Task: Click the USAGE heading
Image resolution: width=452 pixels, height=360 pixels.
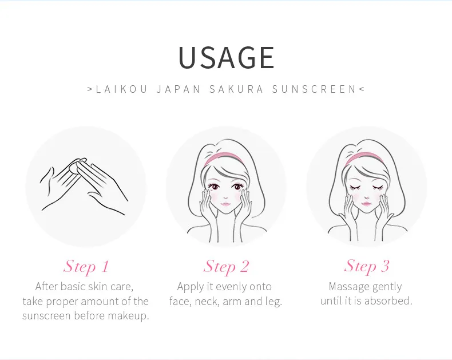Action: [227, 57]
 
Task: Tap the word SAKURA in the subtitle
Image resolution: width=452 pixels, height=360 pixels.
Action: [236, 89]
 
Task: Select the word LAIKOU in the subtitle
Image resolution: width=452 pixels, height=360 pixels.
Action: [122, 89]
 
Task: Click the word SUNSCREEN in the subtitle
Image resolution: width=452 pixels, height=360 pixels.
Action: [314, 89]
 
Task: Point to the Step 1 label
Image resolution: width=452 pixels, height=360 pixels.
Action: [86, 267]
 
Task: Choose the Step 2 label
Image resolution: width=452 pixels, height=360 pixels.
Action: [226, 267]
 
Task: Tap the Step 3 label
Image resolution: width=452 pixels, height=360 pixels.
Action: [367, 266]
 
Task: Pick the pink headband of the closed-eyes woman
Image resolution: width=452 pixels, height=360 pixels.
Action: [364, 157]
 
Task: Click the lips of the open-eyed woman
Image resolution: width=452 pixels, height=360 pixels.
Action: [225, 205]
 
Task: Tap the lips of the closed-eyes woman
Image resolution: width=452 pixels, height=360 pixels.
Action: [366, 204]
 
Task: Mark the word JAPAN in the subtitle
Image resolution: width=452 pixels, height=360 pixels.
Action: [179, 89]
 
